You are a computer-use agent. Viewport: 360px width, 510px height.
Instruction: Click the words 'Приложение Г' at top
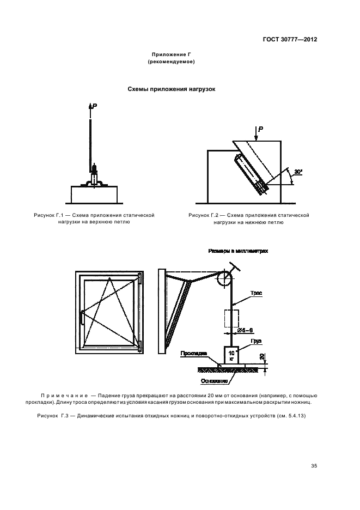pyautogui.click(x=172, y=55)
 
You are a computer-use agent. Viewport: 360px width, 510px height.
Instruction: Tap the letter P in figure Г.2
pyautogui.click(x=261, y=129)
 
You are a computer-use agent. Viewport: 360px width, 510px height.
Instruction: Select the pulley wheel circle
pyautogui.click(x=224, y=279)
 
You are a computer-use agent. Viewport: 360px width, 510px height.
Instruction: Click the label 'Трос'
pyautogui.click(x=257, y=293)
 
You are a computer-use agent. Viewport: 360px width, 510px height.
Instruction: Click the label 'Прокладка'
pyautogui.click(x=193, y=354)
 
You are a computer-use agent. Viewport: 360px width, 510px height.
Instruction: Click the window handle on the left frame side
pyautogui.click(x=82, y=318)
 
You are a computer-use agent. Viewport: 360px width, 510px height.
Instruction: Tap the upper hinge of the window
pyautogui.click(x=140, y=279)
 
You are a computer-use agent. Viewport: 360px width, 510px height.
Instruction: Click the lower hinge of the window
pyautogui.click(x=141, y=345)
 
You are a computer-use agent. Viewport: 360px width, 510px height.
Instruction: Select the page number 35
pyautogui.click(x=314, y=466)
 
